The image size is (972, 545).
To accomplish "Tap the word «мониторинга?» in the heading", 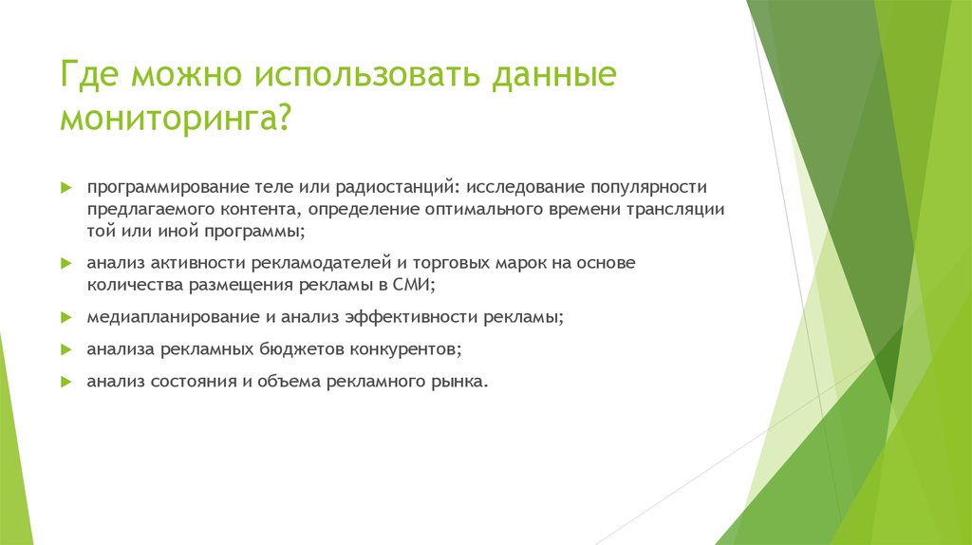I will [x=177, y=121].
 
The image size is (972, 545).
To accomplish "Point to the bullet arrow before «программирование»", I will [x=66, y=188].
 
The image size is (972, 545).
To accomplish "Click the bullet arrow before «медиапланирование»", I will [x=66, y=317].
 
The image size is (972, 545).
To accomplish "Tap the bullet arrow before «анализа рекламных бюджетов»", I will [x=66, y=349].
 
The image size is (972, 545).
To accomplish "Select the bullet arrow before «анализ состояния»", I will [x=66, y=382].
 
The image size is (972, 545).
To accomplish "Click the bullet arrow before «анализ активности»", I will [x=66, y=261].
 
